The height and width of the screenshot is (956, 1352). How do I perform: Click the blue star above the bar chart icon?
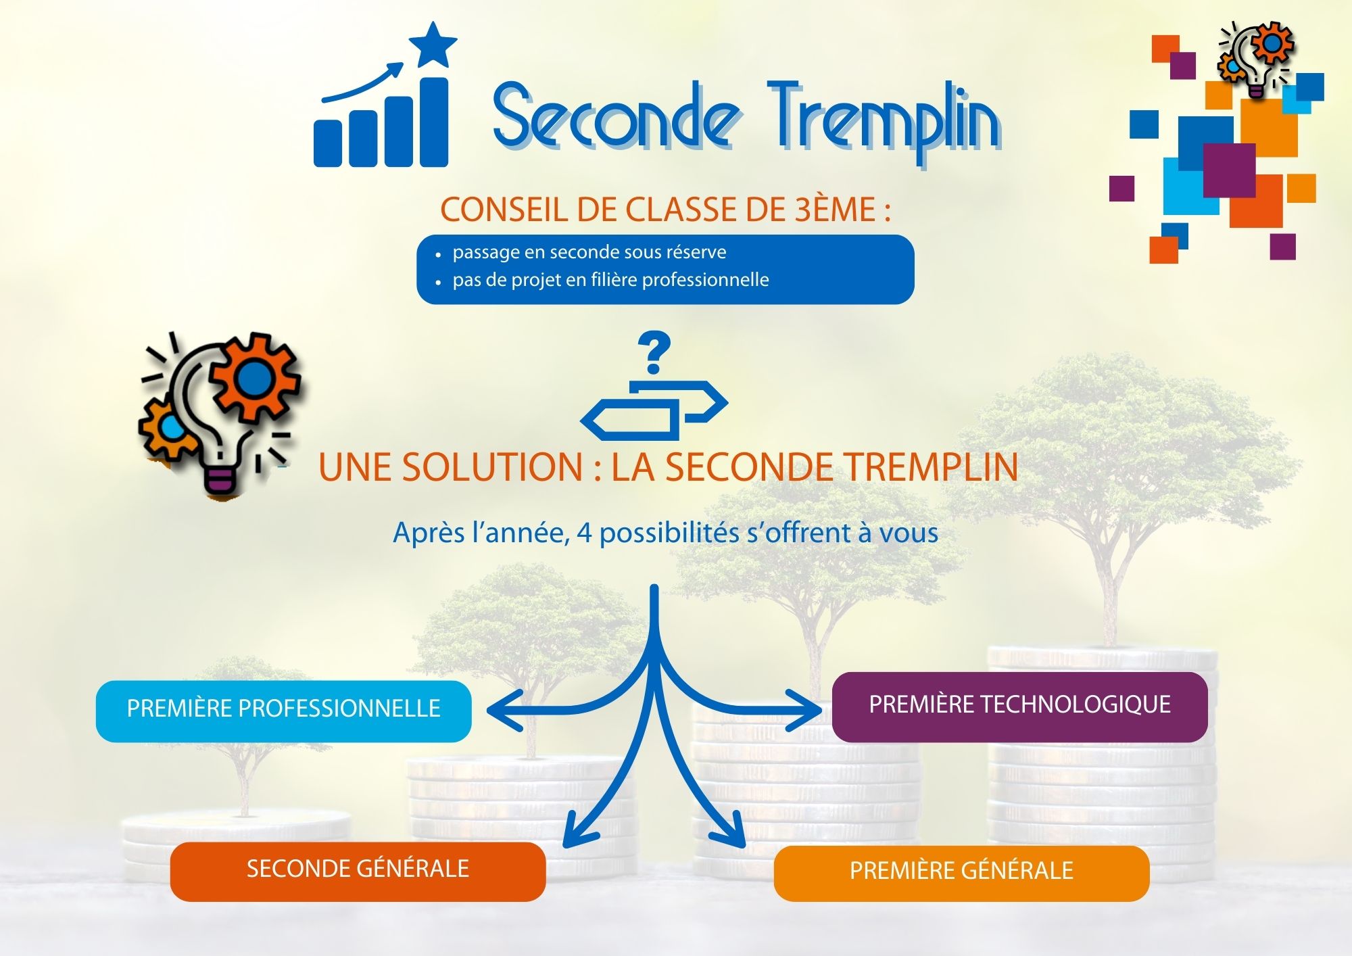(433, 44)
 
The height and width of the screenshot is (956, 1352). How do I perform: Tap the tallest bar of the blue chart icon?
(435, 122)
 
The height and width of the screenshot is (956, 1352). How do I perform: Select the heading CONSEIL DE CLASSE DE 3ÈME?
(665, 209)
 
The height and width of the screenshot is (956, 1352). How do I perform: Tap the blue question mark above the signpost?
(654, 352)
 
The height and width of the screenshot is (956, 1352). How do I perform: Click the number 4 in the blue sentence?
(584, 533)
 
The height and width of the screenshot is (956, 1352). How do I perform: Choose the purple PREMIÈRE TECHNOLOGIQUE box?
(1019, 707)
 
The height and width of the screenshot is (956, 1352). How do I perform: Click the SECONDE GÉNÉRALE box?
(358, 871)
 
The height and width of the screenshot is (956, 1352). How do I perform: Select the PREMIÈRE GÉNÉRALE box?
(961, 873)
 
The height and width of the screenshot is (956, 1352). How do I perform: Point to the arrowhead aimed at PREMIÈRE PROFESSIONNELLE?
(503, 710)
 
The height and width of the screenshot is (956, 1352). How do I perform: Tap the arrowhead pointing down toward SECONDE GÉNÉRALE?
(578, 830)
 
